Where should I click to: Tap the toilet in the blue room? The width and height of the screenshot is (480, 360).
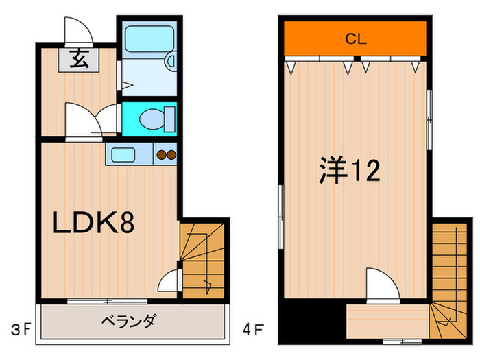[151, 120]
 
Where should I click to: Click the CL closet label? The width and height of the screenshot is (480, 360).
[355, 39]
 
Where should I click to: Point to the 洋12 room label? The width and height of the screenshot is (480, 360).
[350, 170]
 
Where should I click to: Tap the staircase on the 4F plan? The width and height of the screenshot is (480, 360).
[453, 274]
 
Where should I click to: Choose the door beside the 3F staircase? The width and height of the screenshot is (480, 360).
[171, 282]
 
